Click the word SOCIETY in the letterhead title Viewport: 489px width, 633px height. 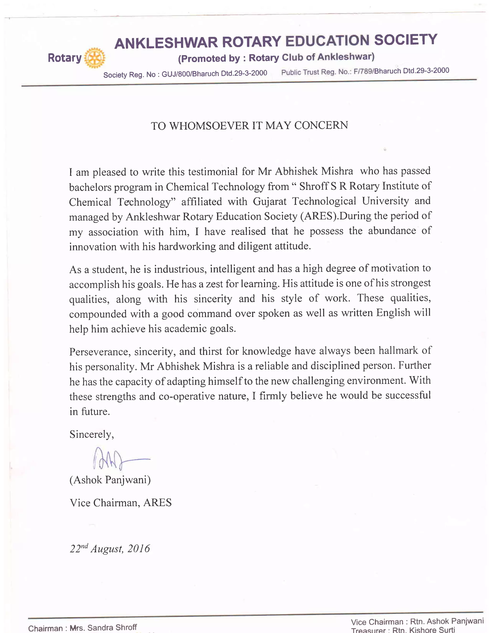click(x=406, y=40)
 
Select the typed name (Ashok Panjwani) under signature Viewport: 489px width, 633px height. click(x=110, y=480)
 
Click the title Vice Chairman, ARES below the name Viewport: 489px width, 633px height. click(x=121, y=503)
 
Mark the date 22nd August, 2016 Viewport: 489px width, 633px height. click(x=110, y=549)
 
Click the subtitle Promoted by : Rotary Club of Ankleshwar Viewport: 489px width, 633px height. click(x=276, y=58)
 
